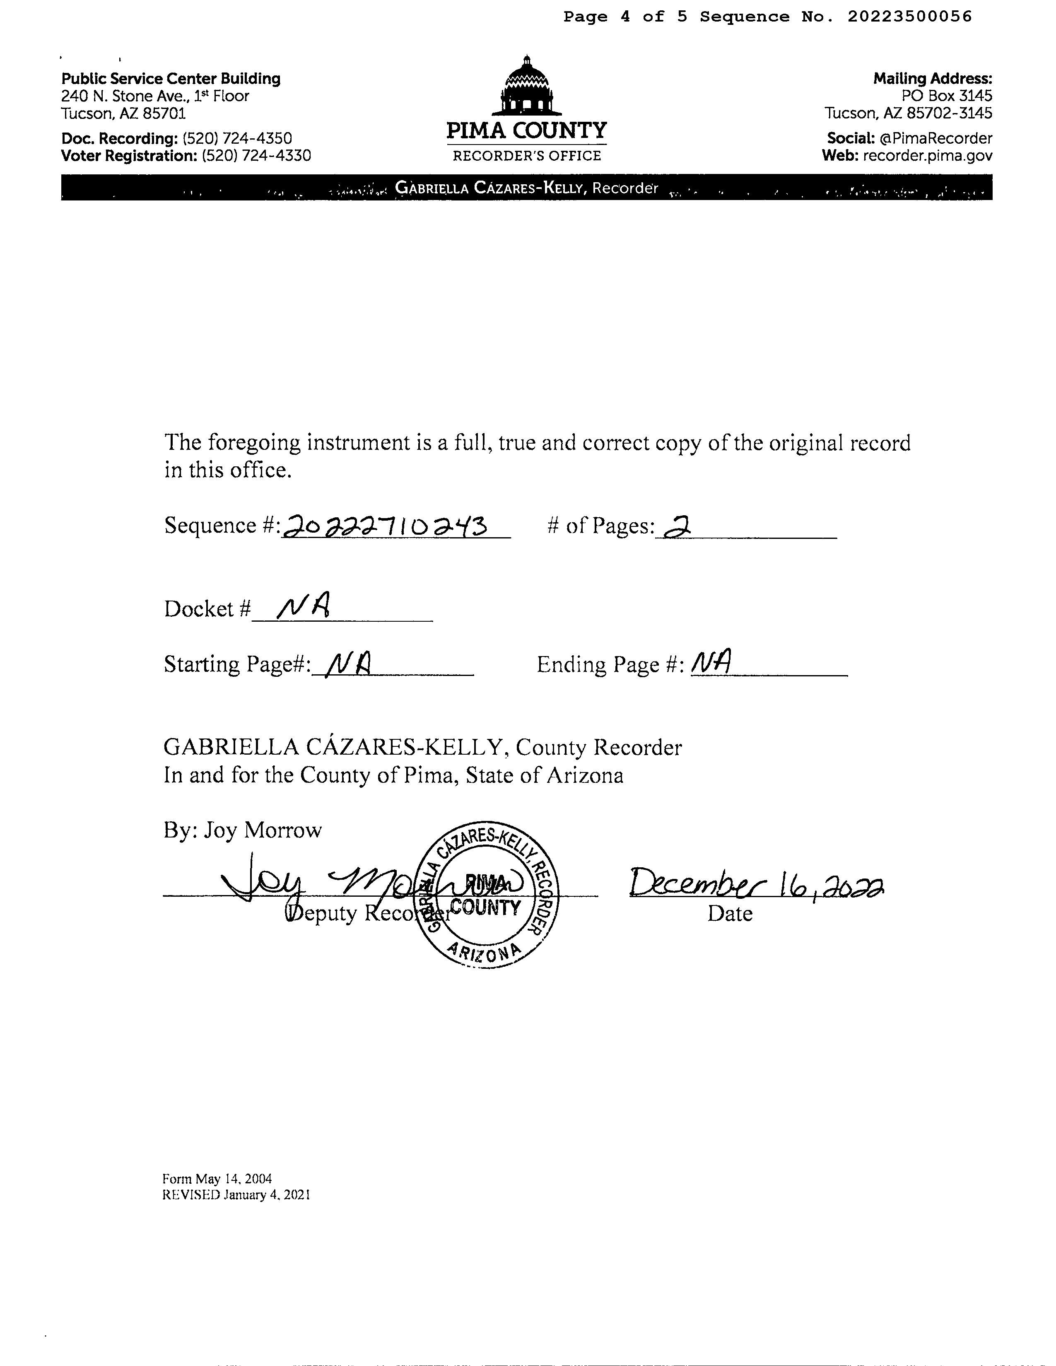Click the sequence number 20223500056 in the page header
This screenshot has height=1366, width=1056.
coord(910,17)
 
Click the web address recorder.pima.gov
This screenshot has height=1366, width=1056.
coord(927,156)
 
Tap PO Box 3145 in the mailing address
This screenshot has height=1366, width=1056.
coord(947,96)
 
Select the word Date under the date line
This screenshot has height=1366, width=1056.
coord(730,914)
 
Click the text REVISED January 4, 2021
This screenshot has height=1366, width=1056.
coord(236,1195)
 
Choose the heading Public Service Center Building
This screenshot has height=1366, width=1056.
coord(171,79)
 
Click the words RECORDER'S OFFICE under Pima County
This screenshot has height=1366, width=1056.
coord(526,156)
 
